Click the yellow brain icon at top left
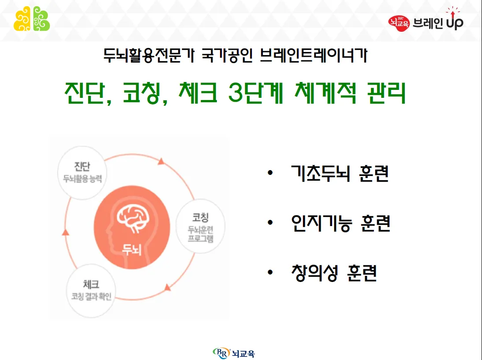pyautogui.click(x=22, y=19)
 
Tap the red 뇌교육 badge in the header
pyautogui.click(x=399, y=21)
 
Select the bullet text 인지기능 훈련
pyautogui.click(x=340, y=223)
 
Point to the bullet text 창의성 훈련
pyautogui.click(x=334, y=273)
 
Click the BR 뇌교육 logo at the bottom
pyautogui.click(x=234, y=353)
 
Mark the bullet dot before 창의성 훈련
pyautogui.click(x=270, y=273)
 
